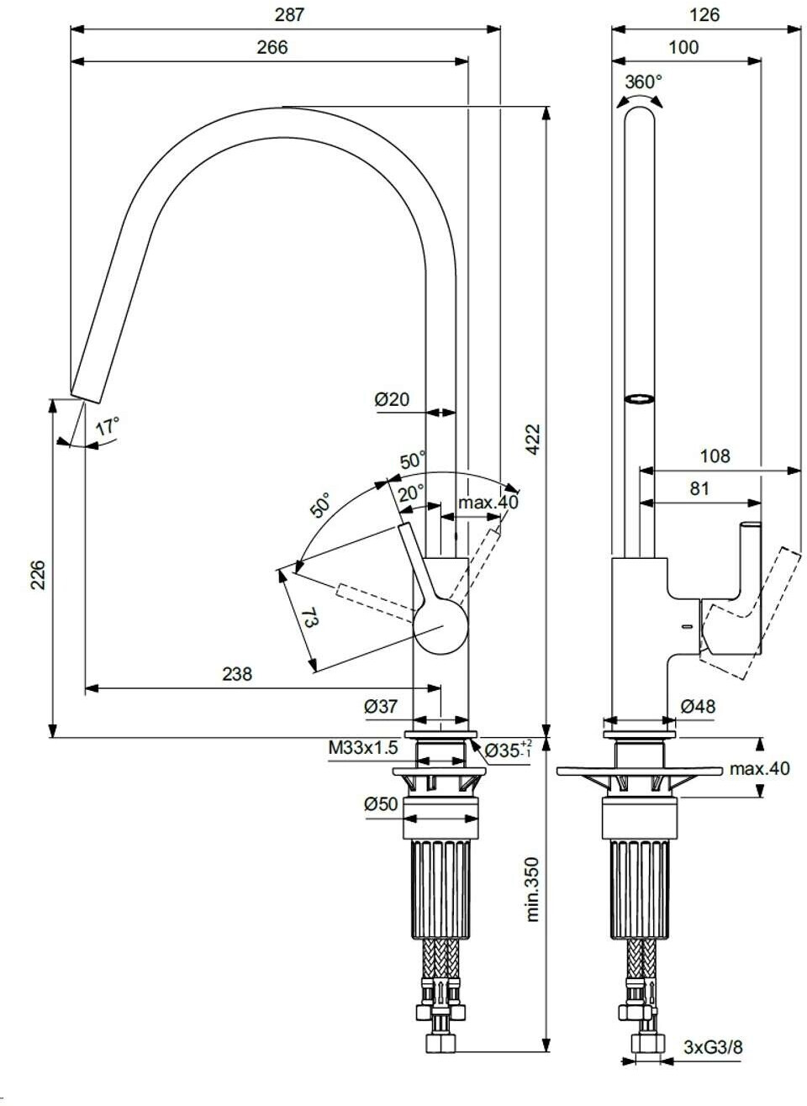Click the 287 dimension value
pyautogui.click(x=289, y=15)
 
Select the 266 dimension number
pyautogui.click(x=272, y=47)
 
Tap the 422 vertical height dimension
pyautogui.click(x=533, y=439)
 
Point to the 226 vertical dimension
pyautogui.click(x=38, y=575)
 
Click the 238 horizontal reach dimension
pyautogui.click(x=237, y=674)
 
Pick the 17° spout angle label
pyautogui.click(x=107, y=425)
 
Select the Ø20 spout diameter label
pyautogui.click(x=392, y=399)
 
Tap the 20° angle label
pyautogui.click(x=411, y=492)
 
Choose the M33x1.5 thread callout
pyautogui.click(x=363, y=747)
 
